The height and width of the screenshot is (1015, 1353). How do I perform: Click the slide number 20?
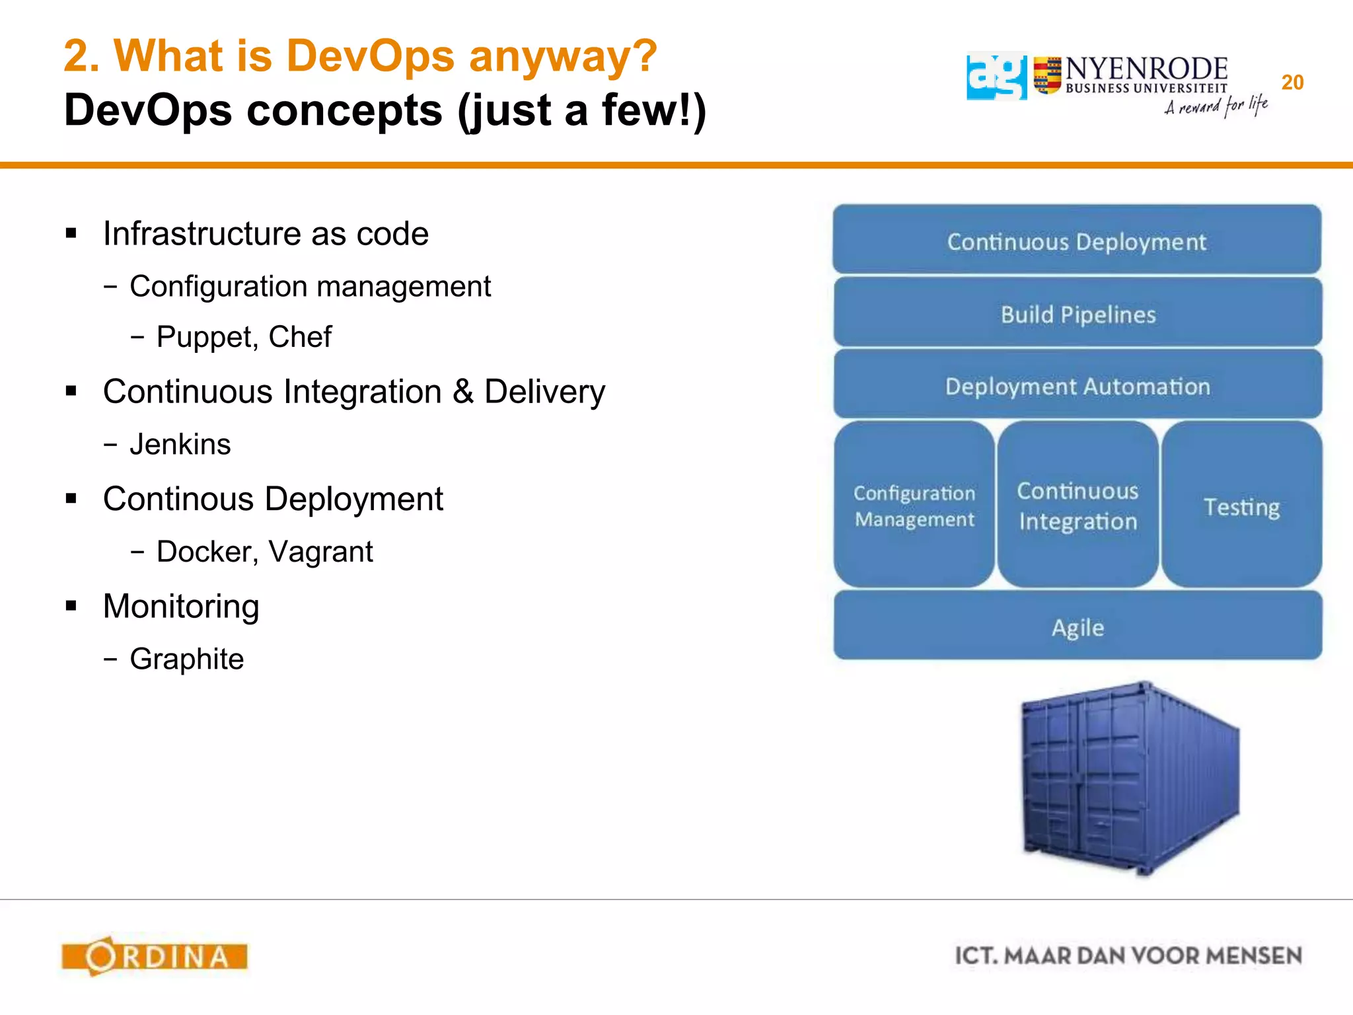[1292, 83]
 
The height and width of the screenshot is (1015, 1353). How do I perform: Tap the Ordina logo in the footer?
[155, 956]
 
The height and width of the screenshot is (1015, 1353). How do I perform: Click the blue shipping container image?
[1130, 780]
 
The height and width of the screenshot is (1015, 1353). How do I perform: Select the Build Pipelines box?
[1078, 314]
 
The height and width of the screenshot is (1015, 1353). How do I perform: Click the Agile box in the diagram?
[1078, 626]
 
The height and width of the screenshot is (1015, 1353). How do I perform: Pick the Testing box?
[1241, 506]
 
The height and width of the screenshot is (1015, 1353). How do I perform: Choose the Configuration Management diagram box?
[914, 506]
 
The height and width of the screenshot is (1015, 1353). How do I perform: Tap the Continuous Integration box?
[1078, 506]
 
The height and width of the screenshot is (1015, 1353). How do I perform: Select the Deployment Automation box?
[1078, 386]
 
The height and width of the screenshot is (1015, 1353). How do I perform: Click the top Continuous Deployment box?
[1077, 241]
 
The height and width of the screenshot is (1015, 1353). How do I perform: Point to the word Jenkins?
[180, 444]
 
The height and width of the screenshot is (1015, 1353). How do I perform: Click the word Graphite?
[187, 659]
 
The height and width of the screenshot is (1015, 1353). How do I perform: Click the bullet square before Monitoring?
[71, 605]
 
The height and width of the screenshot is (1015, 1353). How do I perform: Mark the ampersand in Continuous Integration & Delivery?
[463, 391]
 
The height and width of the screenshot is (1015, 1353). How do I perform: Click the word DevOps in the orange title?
[370, 56]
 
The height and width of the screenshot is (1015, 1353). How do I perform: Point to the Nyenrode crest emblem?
[1047, 75]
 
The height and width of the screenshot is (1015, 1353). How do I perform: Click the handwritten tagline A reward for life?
[1216, 106]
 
